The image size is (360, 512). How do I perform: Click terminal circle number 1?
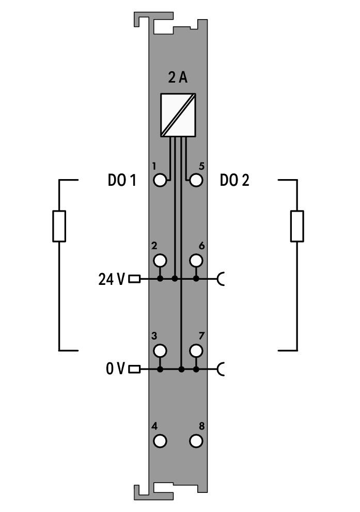160,180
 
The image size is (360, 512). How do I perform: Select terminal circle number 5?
196,180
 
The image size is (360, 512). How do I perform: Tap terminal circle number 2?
160,261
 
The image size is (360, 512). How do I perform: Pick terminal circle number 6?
196,261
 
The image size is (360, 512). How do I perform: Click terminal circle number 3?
160,350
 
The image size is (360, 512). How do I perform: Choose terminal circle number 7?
196,350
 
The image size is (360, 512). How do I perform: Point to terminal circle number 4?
160,441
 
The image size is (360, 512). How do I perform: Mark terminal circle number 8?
196,441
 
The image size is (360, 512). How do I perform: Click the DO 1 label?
122,180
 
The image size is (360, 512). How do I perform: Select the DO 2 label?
234,180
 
